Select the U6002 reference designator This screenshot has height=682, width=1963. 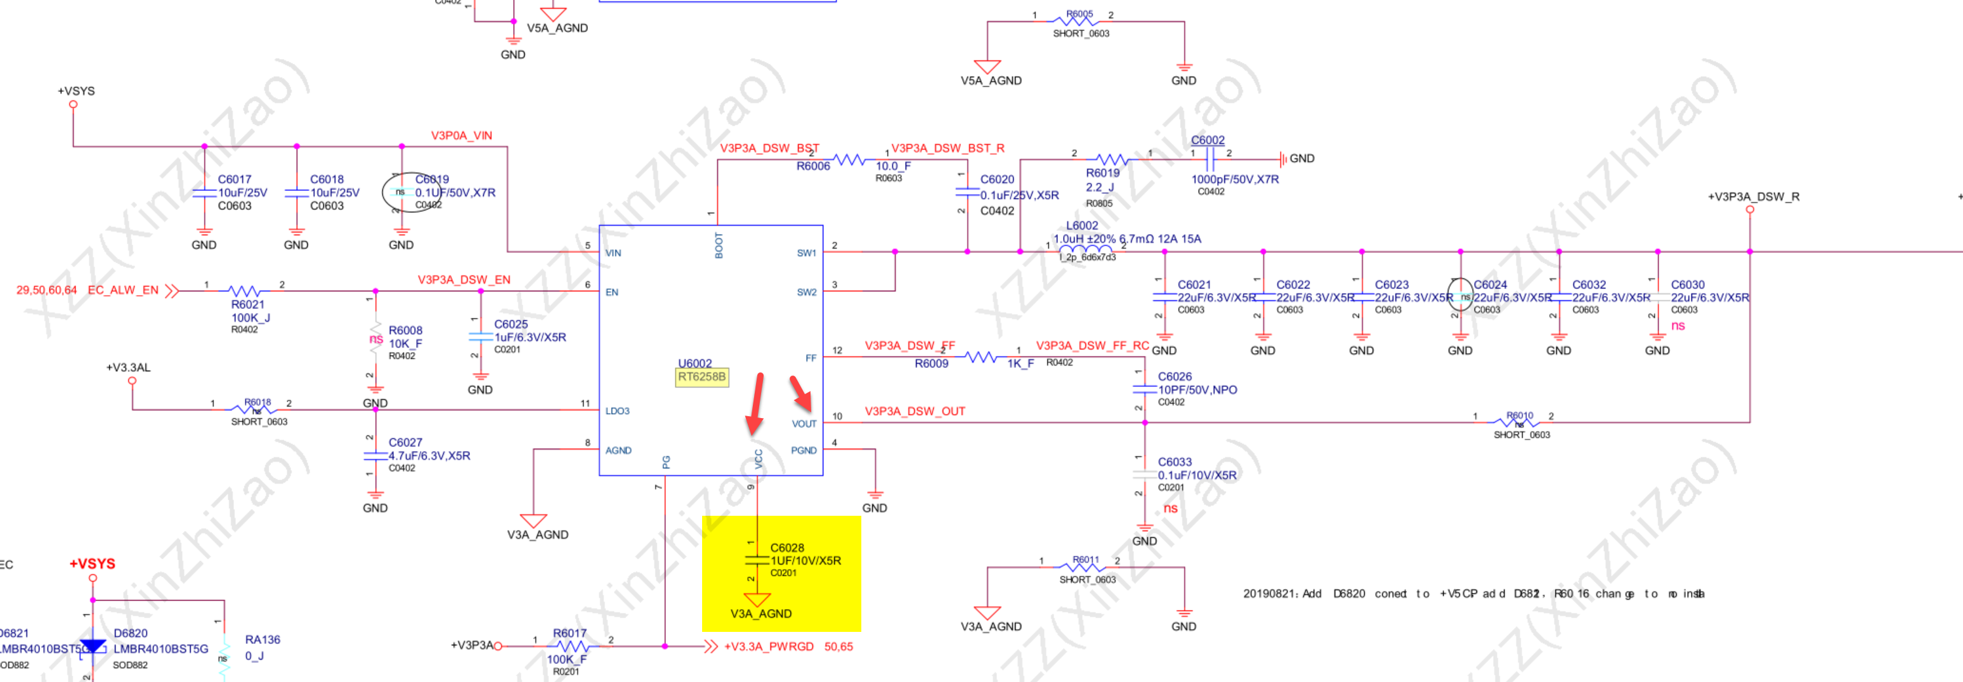pos(695,364)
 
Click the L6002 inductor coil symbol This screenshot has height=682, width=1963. pos(1085,250)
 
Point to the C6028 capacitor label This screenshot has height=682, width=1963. pos(786,547)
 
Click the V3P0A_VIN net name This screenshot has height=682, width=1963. pos(461,136)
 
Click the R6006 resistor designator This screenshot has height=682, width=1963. pos(812,166)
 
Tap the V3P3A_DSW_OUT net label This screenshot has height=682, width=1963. pos(915,412)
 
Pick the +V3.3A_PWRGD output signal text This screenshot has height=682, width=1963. pos(768,646)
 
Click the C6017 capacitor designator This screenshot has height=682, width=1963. pos(234,179)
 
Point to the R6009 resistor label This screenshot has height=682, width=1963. pos(930,364)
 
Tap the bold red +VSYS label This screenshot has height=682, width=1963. pos(92,564)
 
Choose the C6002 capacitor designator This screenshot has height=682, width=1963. pos(1207,140)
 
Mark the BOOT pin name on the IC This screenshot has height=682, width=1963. pos(719,246)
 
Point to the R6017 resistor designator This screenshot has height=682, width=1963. pos(570,633)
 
